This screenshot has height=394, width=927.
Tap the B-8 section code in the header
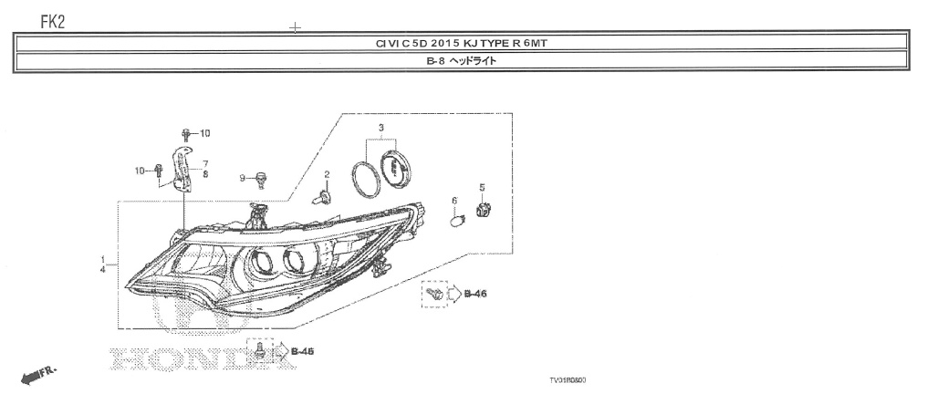click(x=437, y=61)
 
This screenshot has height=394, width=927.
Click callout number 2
click(x=327, y=174)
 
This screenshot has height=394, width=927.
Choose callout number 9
click(x=243, y=177)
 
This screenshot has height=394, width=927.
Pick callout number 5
click(x=483, y=189)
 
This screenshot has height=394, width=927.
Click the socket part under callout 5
click(x=484, y=213)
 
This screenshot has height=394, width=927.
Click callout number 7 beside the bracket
click(x=206, y=163)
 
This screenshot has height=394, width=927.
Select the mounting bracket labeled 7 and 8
click(x=183, y=169)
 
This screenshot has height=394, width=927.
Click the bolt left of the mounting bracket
click(x=160, y=170)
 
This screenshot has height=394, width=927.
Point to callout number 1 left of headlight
click(x=103, y=260)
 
